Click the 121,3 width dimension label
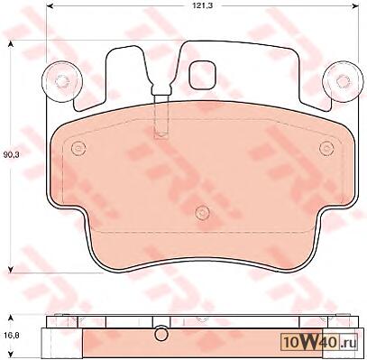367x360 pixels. [204, 5]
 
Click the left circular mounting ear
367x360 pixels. [61, 80]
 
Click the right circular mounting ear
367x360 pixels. [342, 80]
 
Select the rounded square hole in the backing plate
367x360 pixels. [202, 75]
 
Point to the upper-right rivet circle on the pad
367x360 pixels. [326, 148]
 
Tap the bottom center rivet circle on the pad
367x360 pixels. [202, 213]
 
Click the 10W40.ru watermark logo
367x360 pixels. [318, 343]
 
